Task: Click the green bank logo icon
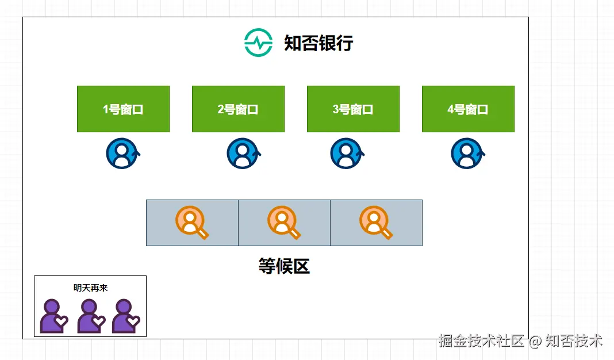click(258, 43)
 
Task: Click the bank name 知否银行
click(318, 43)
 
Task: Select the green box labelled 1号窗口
click(123, 109)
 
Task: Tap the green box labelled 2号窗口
click(238, 109)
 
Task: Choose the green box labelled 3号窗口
click(353, 109)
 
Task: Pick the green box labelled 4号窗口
click(468, 109)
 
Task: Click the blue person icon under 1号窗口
click(122, 154)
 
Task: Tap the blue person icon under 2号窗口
click(243, 154)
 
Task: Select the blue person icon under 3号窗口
click(346, 154)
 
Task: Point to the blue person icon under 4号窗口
click(467, 154)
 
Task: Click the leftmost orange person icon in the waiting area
click(191, 221)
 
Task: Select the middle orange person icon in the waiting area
click(283, 221)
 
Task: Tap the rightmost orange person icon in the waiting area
click(375, 221)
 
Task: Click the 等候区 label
click(284, 266)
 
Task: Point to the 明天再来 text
click(90, 288)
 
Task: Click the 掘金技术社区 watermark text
click(482, 340)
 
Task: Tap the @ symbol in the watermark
click(535, 341)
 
